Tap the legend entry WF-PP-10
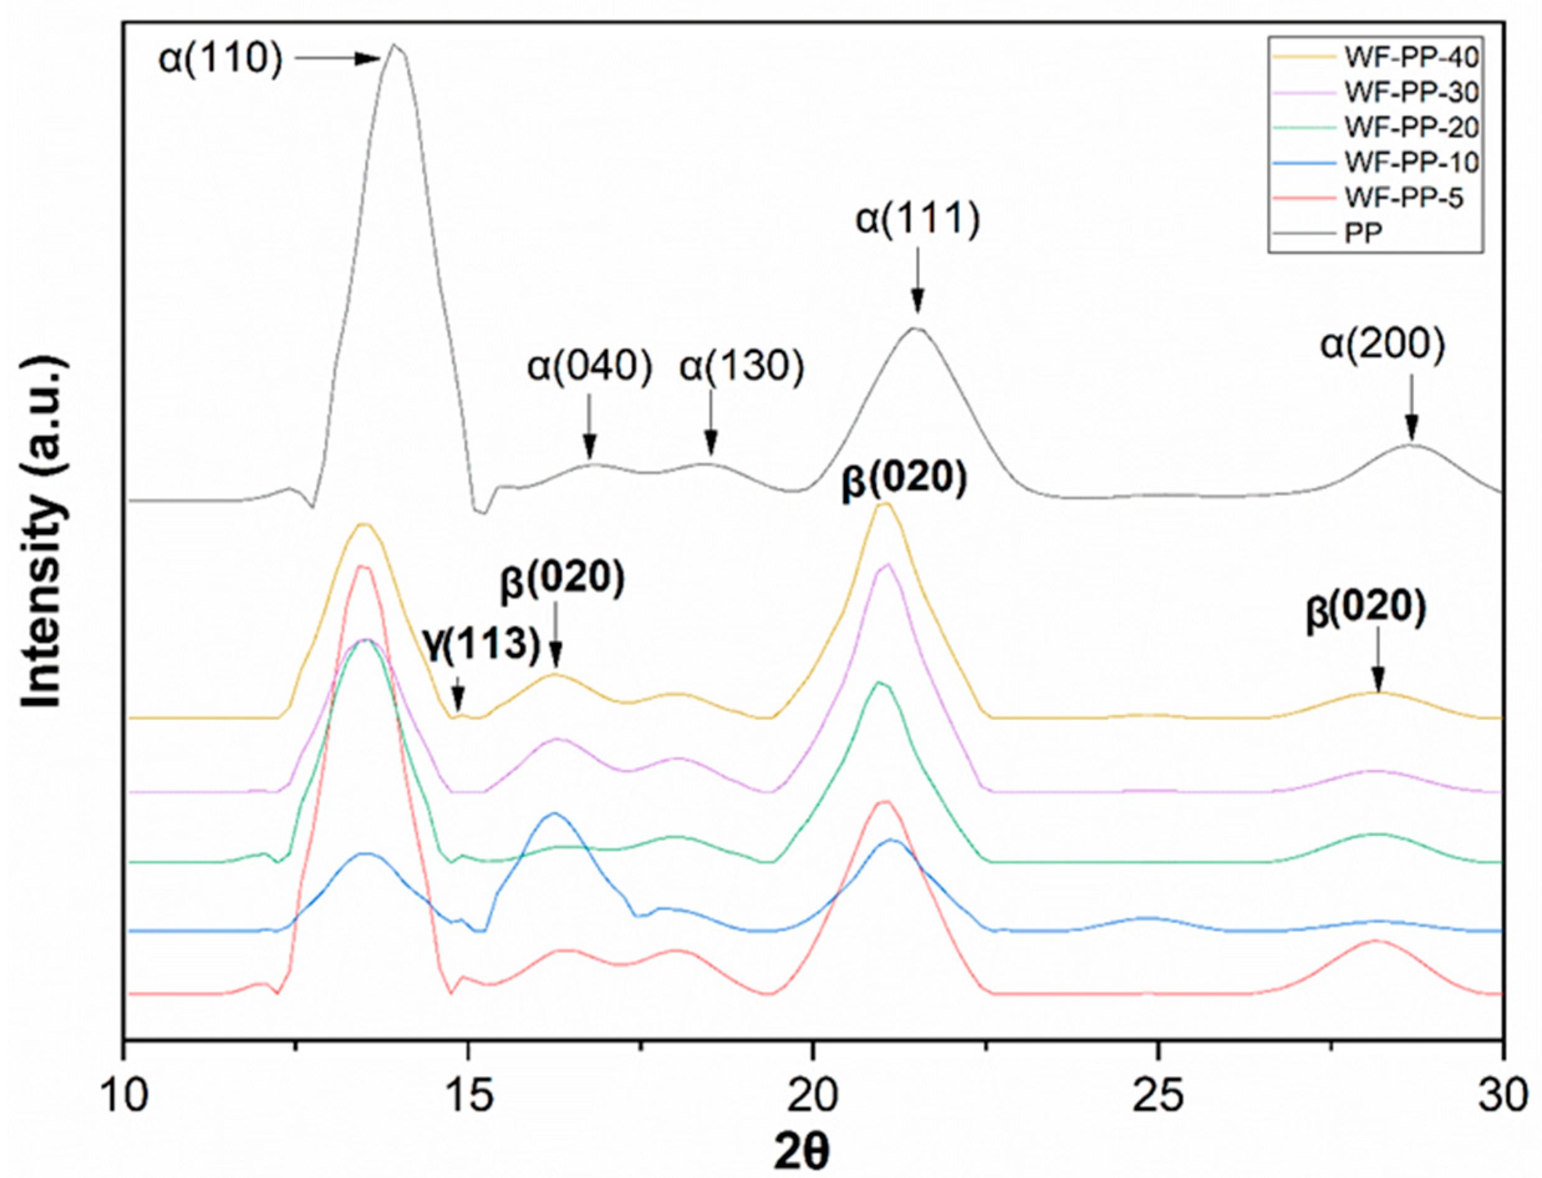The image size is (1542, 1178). pos(1411,162)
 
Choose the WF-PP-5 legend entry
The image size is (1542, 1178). pos(1403,199)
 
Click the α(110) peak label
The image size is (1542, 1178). pos(221,59)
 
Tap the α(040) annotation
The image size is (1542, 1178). pos(590,367)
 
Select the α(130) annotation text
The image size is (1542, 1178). pos(741,367)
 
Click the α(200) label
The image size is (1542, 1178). pos(1382,346)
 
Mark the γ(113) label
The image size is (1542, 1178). pos(482,643)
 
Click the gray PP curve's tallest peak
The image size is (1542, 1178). pos(394,46)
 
